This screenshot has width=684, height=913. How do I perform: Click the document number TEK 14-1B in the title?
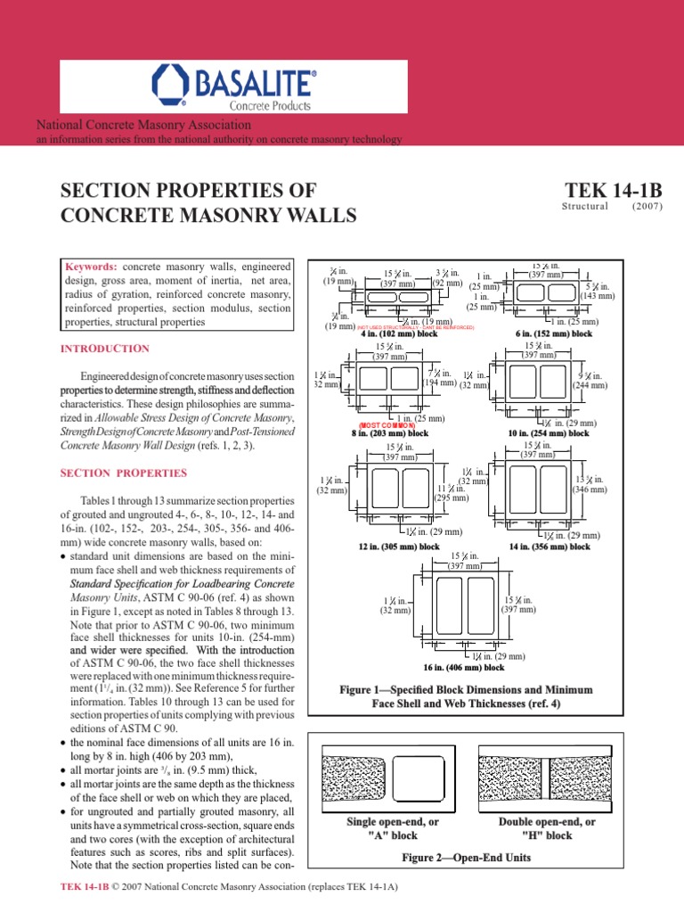[x=614, y=191]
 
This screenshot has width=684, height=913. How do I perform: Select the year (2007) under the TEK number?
[x=647, y=206]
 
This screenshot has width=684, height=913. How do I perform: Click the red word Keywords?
[x=92, y=267]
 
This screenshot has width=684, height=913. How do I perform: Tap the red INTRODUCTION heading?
[x=104, y=348]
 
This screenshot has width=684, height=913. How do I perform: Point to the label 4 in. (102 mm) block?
[x=398, y=333]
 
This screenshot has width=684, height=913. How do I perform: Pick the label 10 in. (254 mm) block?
[x=549, y=432]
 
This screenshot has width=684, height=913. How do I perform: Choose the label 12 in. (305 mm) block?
[x=399, y=546]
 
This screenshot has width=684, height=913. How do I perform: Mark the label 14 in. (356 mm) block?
[x=550, y=546]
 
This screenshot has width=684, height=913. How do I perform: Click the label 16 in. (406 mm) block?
[x=463, y=667]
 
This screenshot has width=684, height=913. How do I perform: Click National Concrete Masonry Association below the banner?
[x=142, y=127]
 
